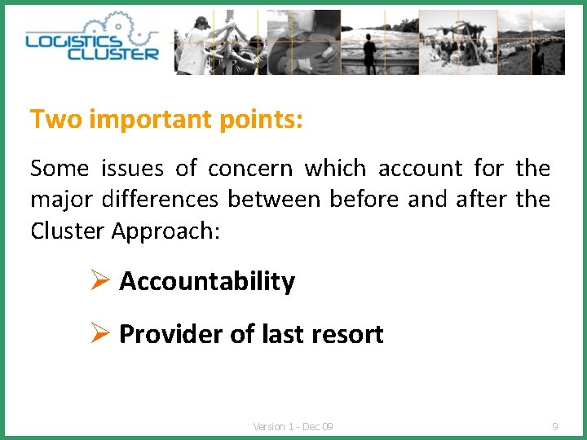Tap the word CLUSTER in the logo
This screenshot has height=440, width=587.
[x=113, y=54]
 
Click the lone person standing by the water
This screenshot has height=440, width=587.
[x=370, y=54]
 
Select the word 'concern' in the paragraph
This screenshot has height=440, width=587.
[x=249, y=169]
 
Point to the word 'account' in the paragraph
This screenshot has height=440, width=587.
[x=420, y=169]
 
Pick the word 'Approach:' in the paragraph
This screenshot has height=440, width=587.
[x=166, y=231]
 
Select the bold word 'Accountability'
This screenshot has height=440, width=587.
[x=207, y=282]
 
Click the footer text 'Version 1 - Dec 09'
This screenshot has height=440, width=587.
[x=293, y=426]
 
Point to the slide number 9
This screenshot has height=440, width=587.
[x=555, y=426]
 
